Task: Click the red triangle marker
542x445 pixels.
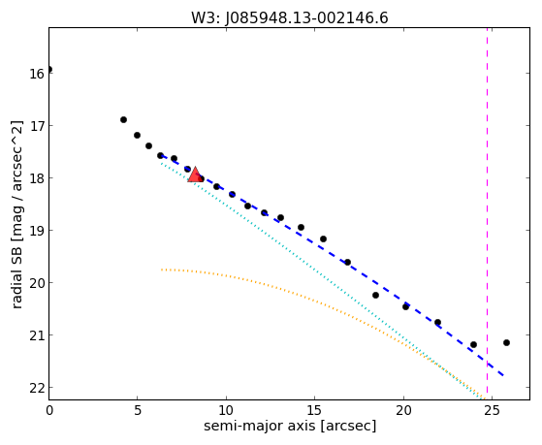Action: click(195, 175)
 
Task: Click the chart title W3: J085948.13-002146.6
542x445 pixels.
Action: click(290, 18)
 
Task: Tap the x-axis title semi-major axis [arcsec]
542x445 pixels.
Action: click(290, 426)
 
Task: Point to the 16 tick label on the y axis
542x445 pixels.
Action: click(36, 74)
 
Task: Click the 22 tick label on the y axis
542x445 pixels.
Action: click(36, 388)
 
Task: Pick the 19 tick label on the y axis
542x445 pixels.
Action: click(36, 231)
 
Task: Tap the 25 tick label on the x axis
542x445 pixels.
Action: click(492, 410)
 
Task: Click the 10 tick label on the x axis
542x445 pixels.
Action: click(226, 410)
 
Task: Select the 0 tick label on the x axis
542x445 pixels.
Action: click(49, 410)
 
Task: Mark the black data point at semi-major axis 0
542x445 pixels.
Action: click(49, 70)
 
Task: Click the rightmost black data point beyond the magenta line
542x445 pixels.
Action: click(506, 342)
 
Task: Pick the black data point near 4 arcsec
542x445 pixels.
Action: click(123, 119)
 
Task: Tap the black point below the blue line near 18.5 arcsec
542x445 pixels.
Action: click(375, 295)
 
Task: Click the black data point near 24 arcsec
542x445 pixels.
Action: click(473, 344)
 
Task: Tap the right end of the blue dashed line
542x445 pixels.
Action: click(503, 375)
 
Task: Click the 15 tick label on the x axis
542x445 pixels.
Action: click(314, 410)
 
